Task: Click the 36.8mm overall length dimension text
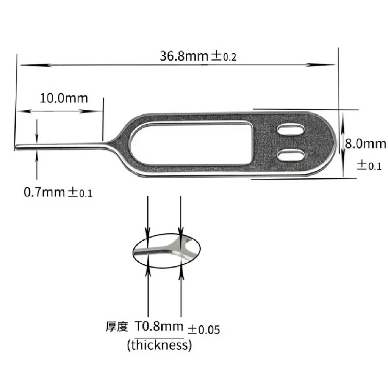(x=184, y=56)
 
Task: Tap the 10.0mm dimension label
(x=64, y=98)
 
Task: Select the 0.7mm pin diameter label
(x=44, y=192)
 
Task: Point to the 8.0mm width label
(x=366, y=144)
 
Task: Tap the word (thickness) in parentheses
(x=160, y=345)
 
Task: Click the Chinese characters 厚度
(x=117, y=326)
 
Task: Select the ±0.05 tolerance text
(x=204, y=330)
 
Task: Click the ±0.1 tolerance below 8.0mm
(x=369, y=165)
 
